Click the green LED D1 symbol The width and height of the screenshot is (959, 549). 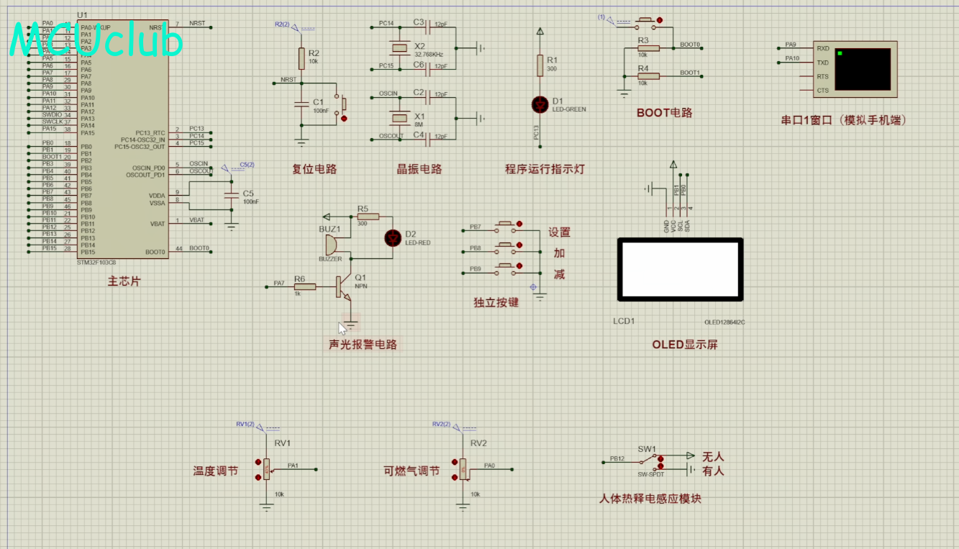(x=540, y=104)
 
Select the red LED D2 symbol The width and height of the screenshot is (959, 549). (x=393, y=238)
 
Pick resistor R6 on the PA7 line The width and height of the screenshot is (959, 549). (x=305, y=287)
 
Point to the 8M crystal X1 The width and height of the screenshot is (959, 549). (x=399, y=117)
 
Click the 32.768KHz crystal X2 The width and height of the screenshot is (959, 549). (x=399, y=49)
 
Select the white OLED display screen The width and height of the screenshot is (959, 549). (x=680, y=269)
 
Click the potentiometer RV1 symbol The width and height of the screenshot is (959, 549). (x=267, y=469)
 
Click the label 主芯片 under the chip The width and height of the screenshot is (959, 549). (x=124, y=281)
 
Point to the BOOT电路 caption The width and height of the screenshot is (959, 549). (x=664, y=113)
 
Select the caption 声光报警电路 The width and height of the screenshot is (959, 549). (x=363, y=345)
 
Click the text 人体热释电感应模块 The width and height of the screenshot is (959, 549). (x=650, y=499)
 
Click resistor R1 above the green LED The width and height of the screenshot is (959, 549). (x=540, y=65)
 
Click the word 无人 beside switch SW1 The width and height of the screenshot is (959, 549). (x=713, y=457)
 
